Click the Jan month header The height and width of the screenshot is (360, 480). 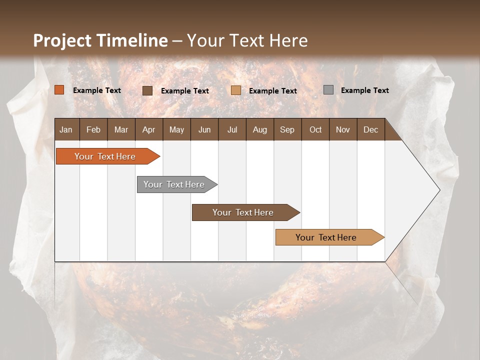click(x=66, y=129)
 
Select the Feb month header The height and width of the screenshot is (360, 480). click(x=93, y=129)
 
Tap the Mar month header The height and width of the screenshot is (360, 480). click(x=121, y=129)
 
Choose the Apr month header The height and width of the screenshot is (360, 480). click(x=149, y=129)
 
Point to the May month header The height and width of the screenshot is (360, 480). click(x=176, y=129)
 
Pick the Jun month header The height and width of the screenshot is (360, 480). click(x=204, y=129)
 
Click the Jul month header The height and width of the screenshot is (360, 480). click(x=232, y=129)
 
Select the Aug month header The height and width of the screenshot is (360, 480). click(x=260, y=129)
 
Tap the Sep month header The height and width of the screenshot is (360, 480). click(x=287, y=129)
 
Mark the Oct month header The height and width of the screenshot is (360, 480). click(x=315, y=129)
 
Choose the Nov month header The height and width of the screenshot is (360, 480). click(x=343, y=129)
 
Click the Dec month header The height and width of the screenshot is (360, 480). click(x=371, y=129)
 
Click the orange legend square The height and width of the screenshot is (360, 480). click(x=59, y=90)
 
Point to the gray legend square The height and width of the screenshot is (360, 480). click(x=328, y=90)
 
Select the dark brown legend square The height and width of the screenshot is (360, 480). click(x=147, y=90)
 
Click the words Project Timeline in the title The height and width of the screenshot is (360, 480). click(x=100, y=40)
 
